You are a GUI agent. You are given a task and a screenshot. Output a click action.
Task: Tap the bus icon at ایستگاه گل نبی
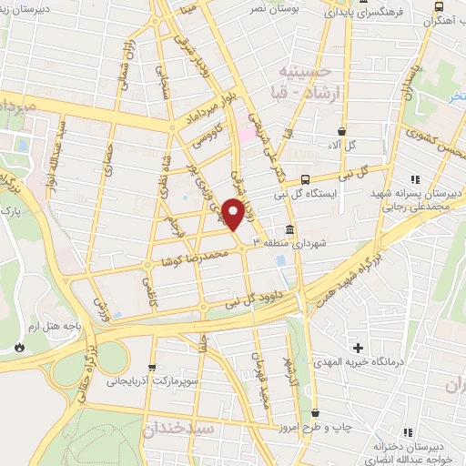point(305,179)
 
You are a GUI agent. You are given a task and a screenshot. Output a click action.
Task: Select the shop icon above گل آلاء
point(341,131)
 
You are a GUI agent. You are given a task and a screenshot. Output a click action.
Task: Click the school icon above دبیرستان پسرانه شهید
point(416,179)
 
